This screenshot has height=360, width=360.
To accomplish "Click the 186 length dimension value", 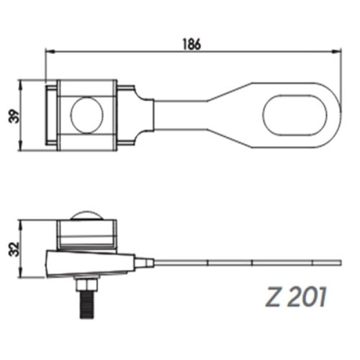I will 190,42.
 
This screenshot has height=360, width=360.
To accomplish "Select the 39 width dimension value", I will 14,115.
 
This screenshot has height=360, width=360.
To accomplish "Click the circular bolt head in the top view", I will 88,115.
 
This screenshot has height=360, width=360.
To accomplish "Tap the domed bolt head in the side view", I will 86,215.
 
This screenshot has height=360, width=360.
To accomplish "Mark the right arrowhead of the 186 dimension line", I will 337,51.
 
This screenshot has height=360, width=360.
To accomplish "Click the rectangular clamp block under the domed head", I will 86,233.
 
